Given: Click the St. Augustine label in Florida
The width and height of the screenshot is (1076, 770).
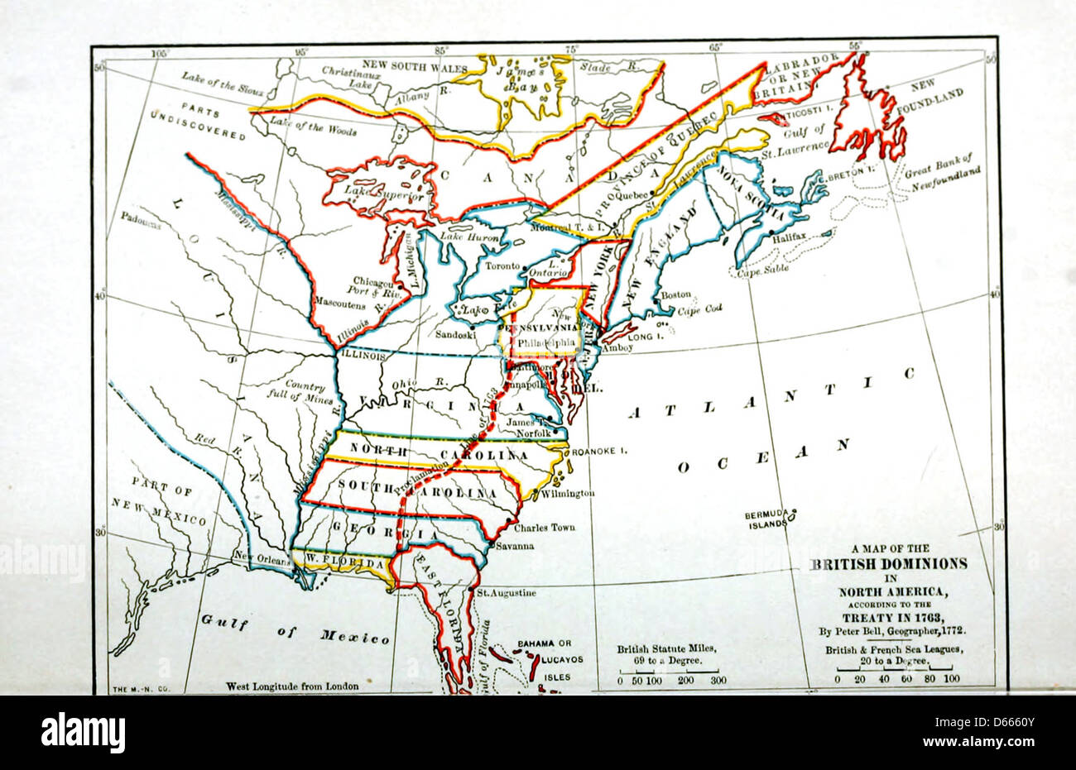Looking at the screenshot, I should click(x=506, y=593).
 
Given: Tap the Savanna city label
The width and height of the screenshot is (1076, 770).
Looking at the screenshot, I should click(x=515, y=546).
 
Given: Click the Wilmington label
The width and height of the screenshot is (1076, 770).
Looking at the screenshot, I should click(x=568, y=493).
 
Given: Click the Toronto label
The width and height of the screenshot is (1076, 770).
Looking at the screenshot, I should click(x=502, y=266).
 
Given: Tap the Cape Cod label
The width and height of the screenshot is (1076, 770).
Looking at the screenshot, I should click(x=699, y=308).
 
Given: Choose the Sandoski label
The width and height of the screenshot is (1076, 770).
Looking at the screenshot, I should click(x=455, y=336).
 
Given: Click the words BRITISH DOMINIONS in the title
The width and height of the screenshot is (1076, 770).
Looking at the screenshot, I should click(x=887, y=563).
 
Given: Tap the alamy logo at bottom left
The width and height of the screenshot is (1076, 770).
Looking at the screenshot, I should click(x=83, y=733).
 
